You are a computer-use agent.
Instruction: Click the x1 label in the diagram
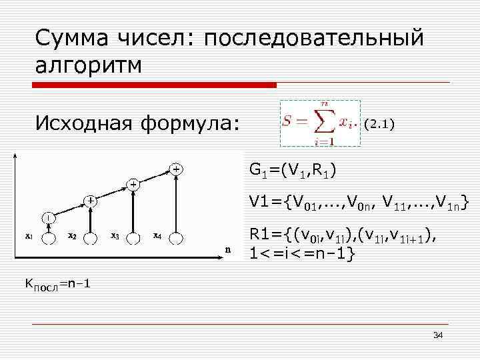coord(29,235)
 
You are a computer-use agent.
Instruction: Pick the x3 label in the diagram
coord(115,235)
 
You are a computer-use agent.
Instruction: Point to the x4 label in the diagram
coord(157,235)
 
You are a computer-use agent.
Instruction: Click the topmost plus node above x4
coord(176,169)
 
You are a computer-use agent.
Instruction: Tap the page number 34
coord(438,334)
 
